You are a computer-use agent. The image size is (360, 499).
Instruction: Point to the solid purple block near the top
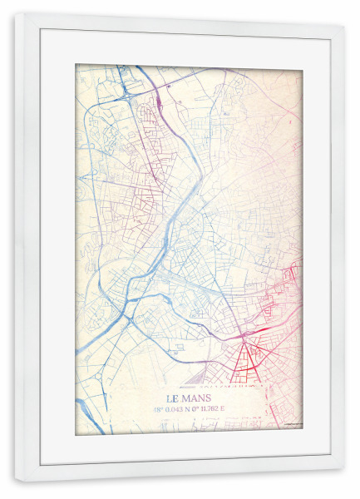[x=157, y=103]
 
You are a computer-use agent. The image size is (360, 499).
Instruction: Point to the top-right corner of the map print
[x=302, y=65]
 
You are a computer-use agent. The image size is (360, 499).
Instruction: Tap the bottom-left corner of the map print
[x=76, y=433]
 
